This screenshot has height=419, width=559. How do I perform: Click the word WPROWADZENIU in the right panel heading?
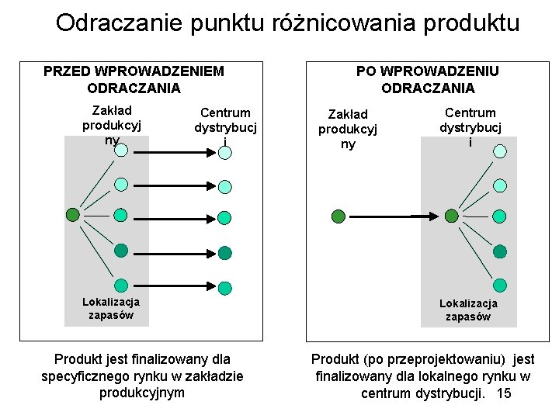pyautogui.click(x=427, y=71)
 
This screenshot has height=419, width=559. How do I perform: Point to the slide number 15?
pyautogui.click(x=503, y=393)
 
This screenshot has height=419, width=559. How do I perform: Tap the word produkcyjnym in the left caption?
pyautogui.click(x=142, y=393)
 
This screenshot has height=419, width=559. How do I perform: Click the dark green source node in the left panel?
pyautogui.click(x=72, y=213)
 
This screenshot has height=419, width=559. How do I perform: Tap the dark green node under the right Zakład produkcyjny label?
pyautogui.click(x=339, y=216)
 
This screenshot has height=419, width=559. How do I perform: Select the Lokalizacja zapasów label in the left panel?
pyautogui.click(x=111, y=308)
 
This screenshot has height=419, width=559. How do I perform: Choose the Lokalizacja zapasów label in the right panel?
pyautogui.click(x=468, y=310)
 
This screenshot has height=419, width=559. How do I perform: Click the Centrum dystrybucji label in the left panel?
pyautogui.click(x=225, y=126)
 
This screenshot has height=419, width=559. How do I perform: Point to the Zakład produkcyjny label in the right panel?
pyautogui.click(x=348, y=129)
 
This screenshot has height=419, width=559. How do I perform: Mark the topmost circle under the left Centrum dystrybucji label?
pyautogui.click(x=224, y=152)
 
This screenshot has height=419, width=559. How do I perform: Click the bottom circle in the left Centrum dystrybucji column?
pyautogui.click(x=224, y=288)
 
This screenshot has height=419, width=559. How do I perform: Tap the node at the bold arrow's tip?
pyautogui.click(x=451, y=216)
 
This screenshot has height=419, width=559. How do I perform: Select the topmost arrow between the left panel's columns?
pyautogui.click(x=171, y=151)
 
